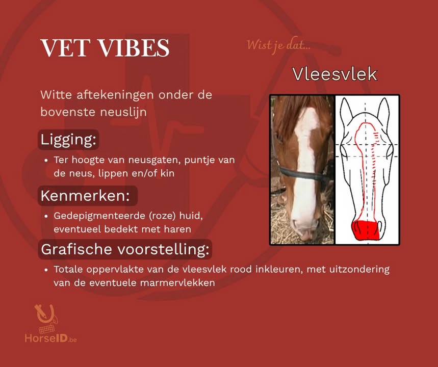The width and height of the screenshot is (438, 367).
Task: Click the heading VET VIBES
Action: (x=105, y=48)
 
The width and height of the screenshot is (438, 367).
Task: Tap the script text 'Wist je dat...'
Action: (x=278, y=45)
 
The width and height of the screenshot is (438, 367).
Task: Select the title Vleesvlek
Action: (x=335, y=74)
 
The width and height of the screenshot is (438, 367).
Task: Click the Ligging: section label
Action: (x=68, y=139)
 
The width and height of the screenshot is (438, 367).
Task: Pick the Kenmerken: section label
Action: (x=85, y=196)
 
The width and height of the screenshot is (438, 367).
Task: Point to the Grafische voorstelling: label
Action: (x=125, y=249)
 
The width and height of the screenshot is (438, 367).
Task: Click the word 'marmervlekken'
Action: (x=177, y=283)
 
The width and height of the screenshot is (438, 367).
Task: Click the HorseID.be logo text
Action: (x=50, y=338)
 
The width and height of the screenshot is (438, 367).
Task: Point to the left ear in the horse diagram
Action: (x=346, y=110)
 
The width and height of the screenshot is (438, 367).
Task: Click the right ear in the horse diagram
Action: (x=383, y=110)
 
